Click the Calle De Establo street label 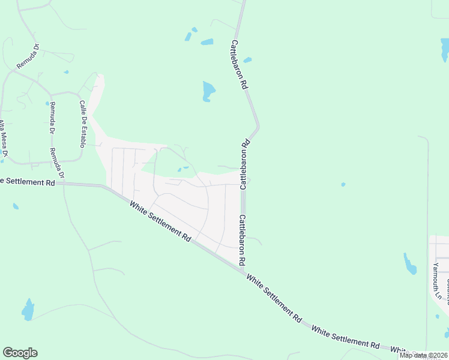(x=83, y=124)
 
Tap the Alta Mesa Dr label (x=3, y=139)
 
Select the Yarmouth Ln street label (x=437, y=281)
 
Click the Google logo (x=20, y=353)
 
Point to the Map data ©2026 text (x=422, y=355)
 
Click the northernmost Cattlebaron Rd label (x=240, y=65)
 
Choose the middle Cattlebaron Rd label (x=245, y=165)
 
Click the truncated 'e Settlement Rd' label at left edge (x=30, y=181)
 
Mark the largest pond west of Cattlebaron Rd (x=208, y=91)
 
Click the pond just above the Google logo (x=28, y=310)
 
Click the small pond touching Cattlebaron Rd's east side (x=247, y=60)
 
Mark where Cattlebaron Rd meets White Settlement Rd (x=244, y=271)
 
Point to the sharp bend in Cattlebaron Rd (x=258, y=127)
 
